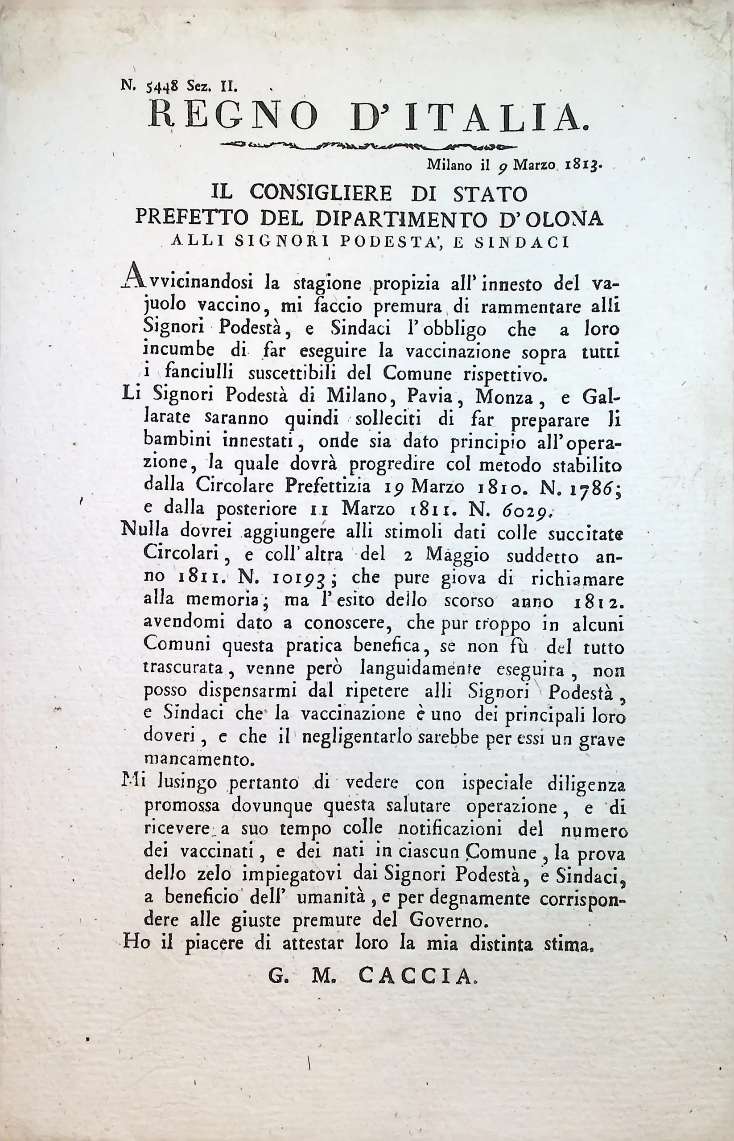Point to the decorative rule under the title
click(367, 144)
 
